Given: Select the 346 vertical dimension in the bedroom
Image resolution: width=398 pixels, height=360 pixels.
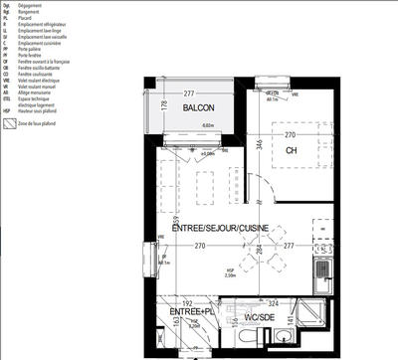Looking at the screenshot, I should (257, 145).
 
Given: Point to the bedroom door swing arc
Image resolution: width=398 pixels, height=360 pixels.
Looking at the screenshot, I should (257, 189).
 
